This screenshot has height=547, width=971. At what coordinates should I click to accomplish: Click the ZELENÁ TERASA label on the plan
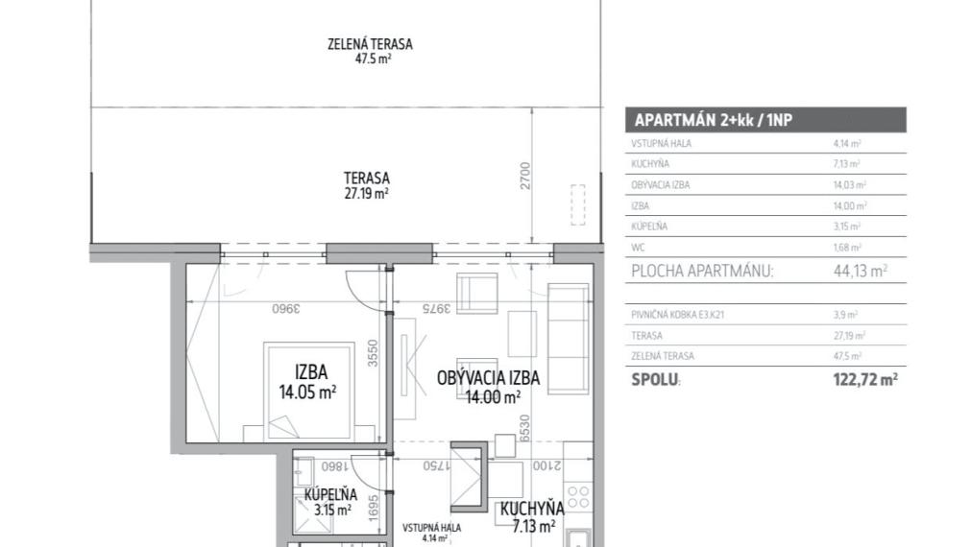click(370, 43)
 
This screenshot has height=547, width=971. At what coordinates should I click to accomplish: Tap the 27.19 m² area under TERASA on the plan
click(367, 193)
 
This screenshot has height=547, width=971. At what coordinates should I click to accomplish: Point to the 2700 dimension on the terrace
click(525, 176)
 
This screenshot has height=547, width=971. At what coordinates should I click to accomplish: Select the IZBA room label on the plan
click(310, 372)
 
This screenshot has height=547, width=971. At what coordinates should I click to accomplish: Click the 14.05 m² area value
click(307, 392)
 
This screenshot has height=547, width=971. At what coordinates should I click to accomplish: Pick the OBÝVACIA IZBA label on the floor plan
click(488, 378)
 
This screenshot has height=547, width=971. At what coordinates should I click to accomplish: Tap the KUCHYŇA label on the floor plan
click(531, 509)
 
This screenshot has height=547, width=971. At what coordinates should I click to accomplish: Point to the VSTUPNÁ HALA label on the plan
click(432, 528)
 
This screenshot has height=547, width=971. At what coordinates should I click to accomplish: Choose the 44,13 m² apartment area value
click(860, 272)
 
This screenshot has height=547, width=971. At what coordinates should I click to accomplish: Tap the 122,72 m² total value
click(864, 379)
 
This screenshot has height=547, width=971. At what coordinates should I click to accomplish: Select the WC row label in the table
click(637, 248)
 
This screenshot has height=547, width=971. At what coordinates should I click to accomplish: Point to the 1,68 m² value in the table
click(846, 248)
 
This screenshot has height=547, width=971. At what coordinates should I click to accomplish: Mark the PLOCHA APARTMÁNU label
click(702, 272)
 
